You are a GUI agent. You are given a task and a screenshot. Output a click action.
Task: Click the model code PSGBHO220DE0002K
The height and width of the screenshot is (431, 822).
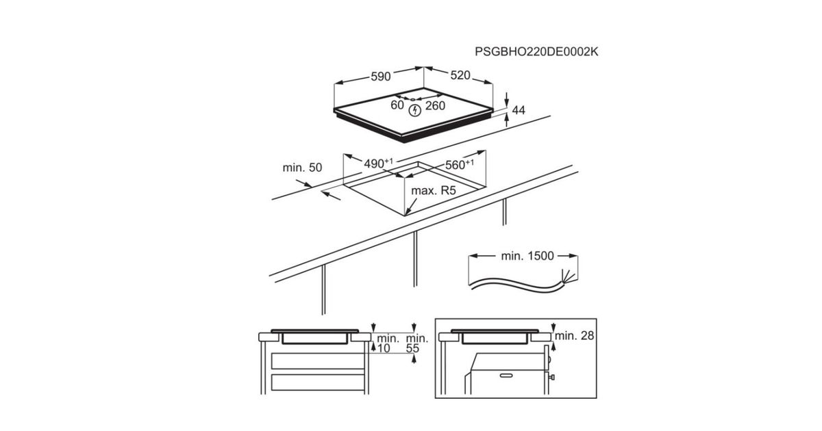point(536,52)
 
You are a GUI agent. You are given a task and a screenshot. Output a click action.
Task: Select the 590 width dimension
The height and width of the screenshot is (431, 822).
point(381,77)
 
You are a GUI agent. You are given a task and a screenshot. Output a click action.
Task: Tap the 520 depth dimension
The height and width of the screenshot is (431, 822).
point(460,75)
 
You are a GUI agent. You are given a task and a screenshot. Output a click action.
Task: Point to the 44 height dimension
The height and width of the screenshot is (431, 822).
point(519,110)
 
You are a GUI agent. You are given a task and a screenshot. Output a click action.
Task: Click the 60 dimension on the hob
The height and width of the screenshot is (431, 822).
point(397,105)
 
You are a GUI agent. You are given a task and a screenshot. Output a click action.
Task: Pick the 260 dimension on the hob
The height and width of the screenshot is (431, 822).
point(435,105)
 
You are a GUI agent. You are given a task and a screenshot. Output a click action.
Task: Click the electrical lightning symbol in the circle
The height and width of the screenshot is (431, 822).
point(415,110)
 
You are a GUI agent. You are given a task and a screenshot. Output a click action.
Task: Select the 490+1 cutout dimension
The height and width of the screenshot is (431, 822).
point(378,163)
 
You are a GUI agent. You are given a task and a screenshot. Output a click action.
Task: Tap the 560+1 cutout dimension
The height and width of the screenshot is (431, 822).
point(460,164)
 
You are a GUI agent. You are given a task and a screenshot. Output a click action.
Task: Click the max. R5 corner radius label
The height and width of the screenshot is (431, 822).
point(434,191)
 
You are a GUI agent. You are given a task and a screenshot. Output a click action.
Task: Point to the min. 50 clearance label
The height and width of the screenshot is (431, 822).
point(302,168)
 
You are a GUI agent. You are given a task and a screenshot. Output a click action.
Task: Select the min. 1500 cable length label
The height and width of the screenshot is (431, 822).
point(527,256)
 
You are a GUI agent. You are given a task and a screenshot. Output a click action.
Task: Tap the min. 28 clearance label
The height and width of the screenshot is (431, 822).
point(574,335)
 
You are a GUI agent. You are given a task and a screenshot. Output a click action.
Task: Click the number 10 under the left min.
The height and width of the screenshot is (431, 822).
point(384,348)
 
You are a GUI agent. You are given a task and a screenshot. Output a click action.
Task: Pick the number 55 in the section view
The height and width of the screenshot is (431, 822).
point(412,348)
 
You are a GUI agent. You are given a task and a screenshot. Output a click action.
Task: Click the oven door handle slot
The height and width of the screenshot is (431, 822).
point(506,376)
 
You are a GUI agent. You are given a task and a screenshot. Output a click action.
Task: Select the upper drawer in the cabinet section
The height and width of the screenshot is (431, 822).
point(318,361)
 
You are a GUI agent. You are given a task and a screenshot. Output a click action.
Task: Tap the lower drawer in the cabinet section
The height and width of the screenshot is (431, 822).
point(318,382)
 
